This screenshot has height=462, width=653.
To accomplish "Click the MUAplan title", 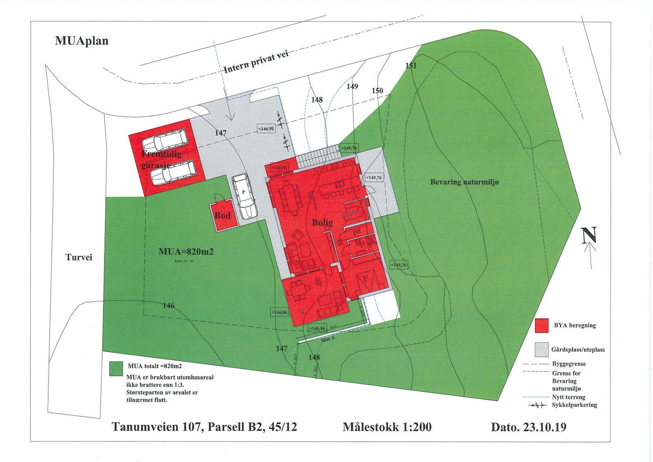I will (82, 41).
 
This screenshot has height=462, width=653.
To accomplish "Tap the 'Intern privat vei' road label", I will (256, 62).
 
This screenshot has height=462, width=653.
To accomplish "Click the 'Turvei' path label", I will (79, 258).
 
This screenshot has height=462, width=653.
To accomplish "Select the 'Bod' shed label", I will (223, 215).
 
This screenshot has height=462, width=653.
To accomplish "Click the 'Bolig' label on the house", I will (322, 222).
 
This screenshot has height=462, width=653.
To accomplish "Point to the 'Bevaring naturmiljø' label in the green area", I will (464, 182).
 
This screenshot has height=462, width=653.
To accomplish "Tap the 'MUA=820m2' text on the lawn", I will (186, 252).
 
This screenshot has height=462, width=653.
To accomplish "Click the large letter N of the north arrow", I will (589, 235).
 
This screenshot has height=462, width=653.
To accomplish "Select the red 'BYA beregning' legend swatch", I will (542, 326).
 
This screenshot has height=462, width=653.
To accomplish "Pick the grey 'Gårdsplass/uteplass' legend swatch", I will (542, 350).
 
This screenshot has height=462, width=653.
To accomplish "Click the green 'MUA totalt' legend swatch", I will (116, 369).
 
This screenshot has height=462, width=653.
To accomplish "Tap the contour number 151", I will (411, 65).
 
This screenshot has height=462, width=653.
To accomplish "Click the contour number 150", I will (377, 91).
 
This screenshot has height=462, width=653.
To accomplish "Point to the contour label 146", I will (169, 305).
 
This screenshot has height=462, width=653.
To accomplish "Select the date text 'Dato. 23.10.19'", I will (529, 427).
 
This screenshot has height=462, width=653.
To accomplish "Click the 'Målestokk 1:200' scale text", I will (387, 427).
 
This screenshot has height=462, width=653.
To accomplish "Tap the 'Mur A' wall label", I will (328, 339).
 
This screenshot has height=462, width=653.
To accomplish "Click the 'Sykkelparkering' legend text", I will (574, 405).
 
